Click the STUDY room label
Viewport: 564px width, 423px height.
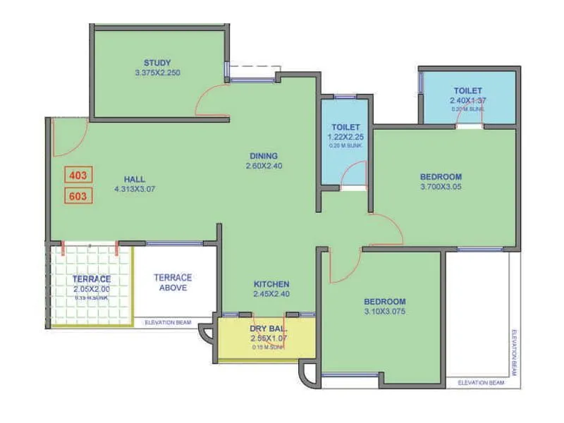coord(157,62)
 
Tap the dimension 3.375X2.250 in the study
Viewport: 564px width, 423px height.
coord(157,73)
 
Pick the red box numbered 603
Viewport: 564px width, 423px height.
coord(78,196)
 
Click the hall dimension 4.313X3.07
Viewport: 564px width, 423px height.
coord(134,189)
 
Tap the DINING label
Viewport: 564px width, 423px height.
coord(264,156)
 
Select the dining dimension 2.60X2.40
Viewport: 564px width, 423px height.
coord(264,166)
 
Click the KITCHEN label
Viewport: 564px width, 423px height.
coord(271,284)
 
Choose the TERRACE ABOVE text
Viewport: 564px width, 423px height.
coord(173,283)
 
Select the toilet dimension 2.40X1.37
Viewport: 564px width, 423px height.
coord(468,101)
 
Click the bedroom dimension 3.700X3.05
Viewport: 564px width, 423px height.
coord(441,188)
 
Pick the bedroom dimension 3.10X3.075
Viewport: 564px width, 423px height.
coord(385,311)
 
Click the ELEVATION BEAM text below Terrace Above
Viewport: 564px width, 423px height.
coord(169,323)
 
